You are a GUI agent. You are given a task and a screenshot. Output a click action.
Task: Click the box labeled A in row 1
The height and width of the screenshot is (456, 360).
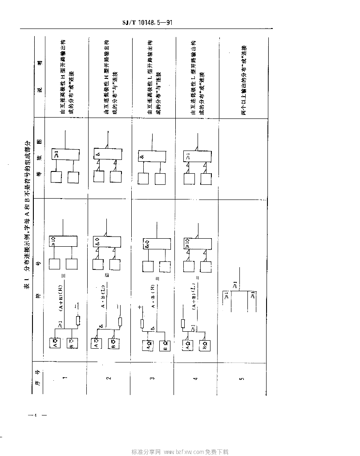click(x=56, y=344)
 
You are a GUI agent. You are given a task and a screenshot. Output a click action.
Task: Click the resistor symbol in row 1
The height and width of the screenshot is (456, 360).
click(x=78, y=321)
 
